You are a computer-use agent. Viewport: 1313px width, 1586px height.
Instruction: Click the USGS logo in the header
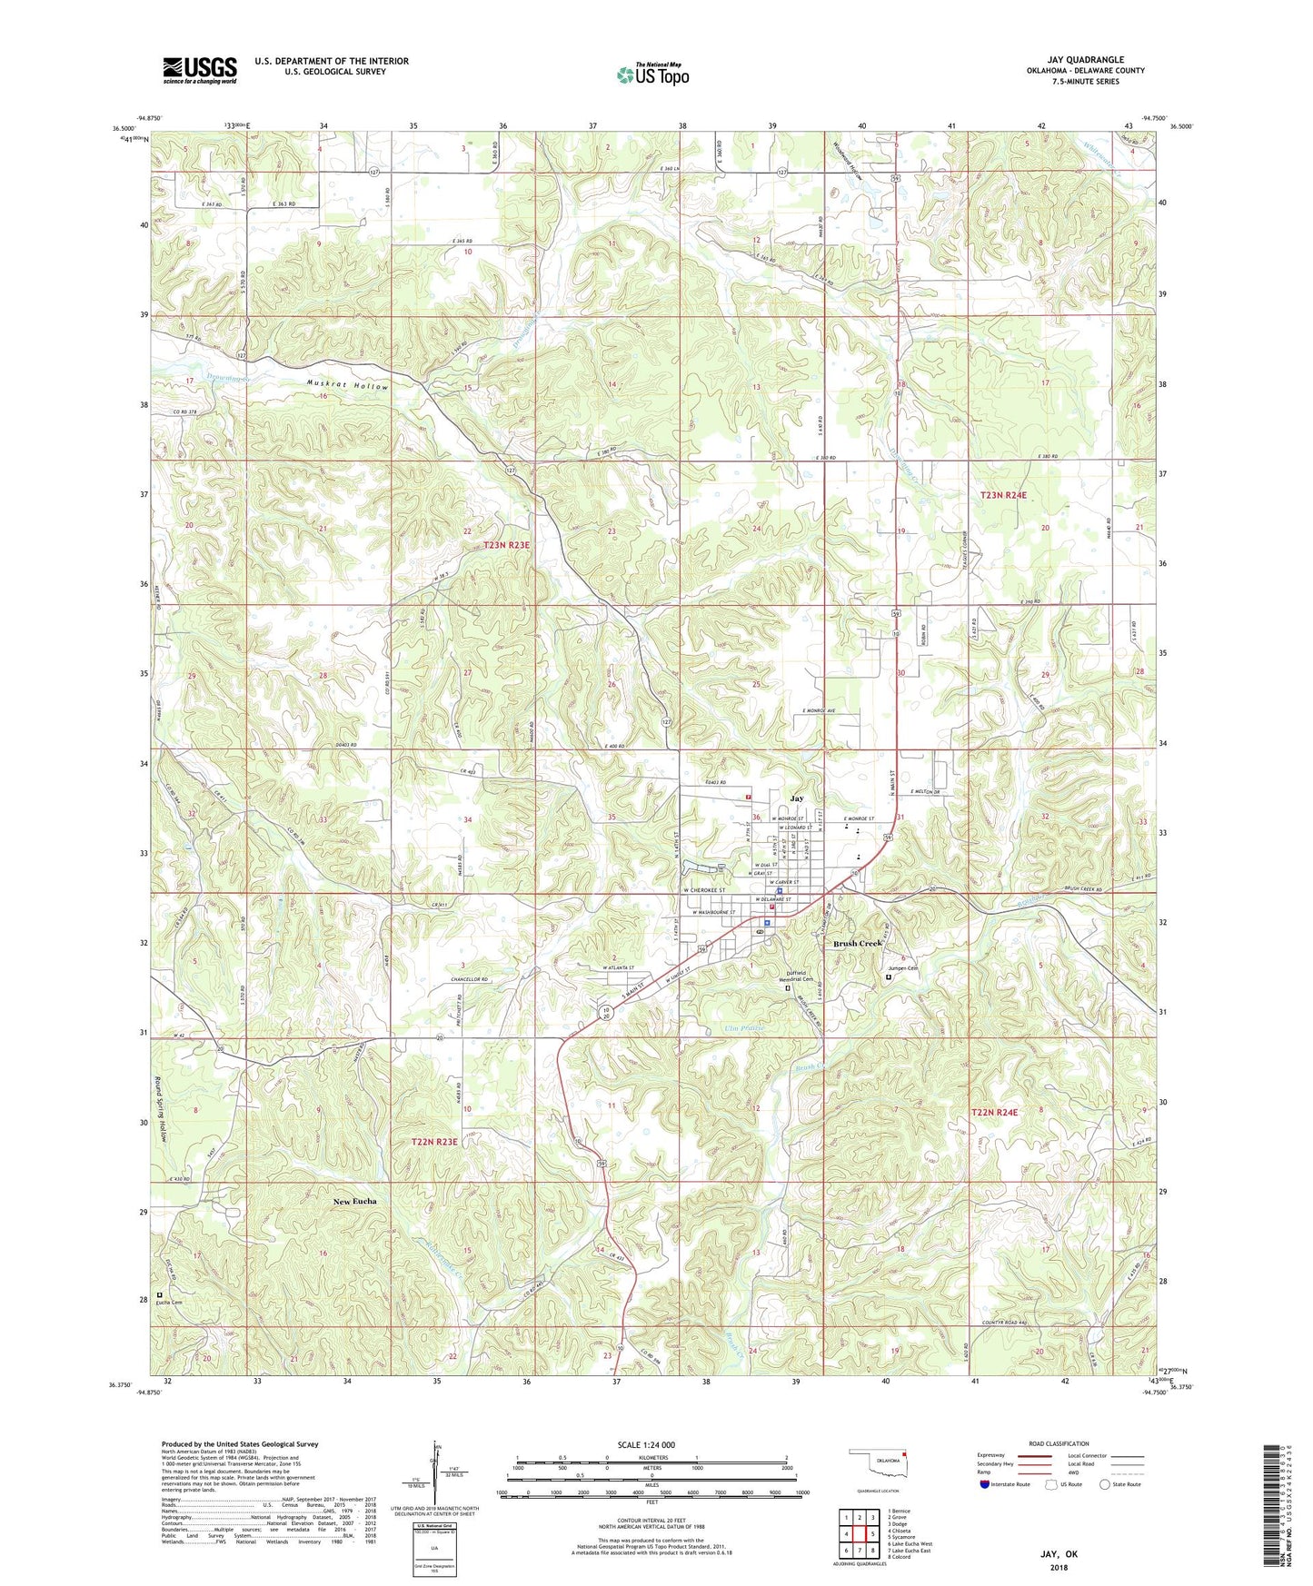pyautogui.click(x=200, y=70)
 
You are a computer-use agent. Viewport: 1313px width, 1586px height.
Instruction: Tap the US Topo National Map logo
pyautogui.click(x=652, y=74)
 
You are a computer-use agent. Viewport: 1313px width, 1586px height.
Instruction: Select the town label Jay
pyautogui.click(x=796, y=798)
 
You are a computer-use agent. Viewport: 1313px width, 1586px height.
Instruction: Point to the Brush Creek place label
pyautogui.click(x=858, y=943)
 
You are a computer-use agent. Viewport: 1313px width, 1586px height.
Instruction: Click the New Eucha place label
pyautogui.click(x=354, y=1201)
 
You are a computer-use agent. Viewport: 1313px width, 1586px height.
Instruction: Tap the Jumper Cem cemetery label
pyautogui.click(x=902, y=968)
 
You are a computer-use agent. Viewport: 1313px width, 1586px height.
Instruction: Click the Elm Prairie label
pyautogui.click(x=744, y=1027)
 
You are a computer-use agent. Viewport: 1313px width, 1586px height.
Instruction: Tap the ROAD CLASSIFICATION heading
pyautogui.click(x=1059, y=1443)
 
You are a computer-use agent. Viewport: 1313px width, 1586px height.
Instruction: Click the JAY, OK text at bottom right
pyautogui.click(x=1059, y=1554)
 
